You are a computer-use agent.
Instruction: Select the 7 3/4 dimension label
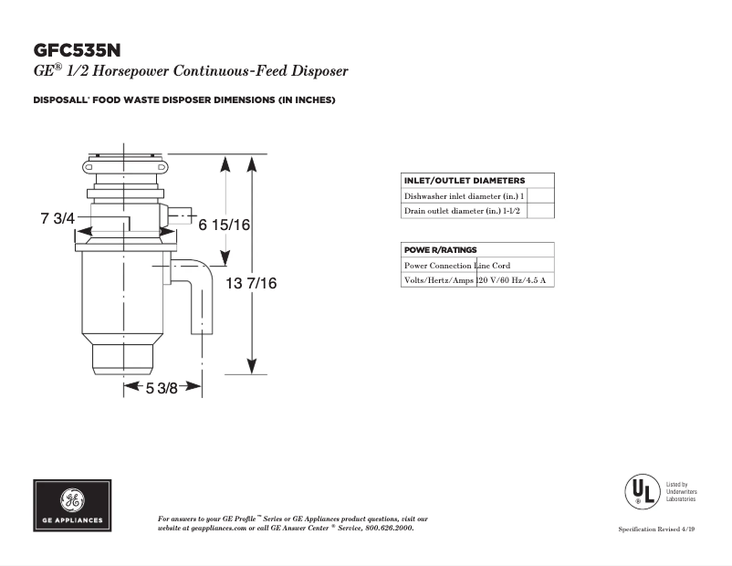pos(57,219)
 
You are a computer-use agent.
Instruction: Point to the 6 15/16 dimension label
pos(225,225)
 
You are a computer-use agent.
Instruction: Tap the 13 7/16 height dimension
pos(251,284)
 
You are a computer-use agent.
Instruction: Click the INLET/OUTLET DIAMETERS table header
pos(465,181)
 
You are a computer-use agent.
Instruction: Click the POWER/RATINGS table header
pos(441,249)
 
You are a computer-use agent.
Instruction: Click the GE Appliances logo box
pos(73,505)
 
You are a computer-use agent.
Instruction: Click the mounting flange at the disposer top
pos(125,166)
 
